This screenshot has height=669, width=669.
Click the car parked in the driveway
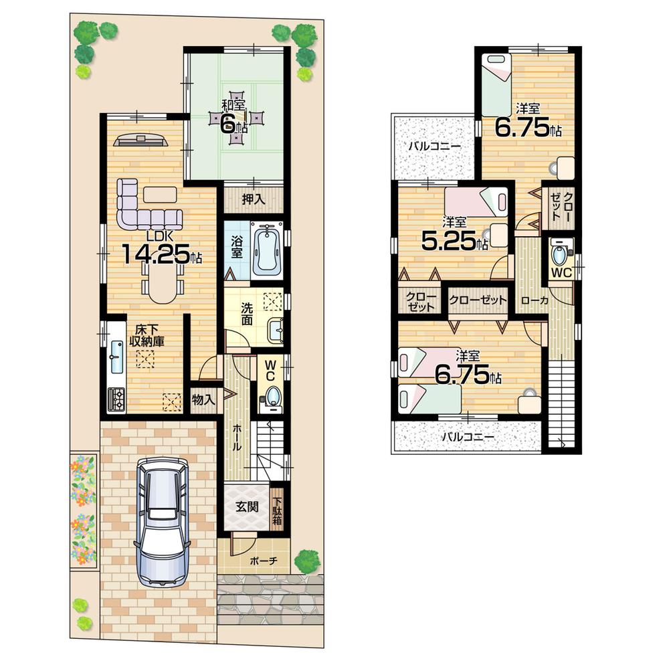161,522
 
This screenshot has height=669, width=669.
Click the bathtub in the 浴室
266,250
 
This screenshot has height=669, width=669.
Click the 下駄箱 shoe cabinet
277,508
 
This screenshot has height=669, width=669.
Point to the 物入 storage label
203,400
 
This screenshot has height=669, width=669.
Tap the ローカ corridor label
535,300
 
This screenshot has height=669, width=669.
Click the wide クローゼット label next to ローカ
478,300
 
